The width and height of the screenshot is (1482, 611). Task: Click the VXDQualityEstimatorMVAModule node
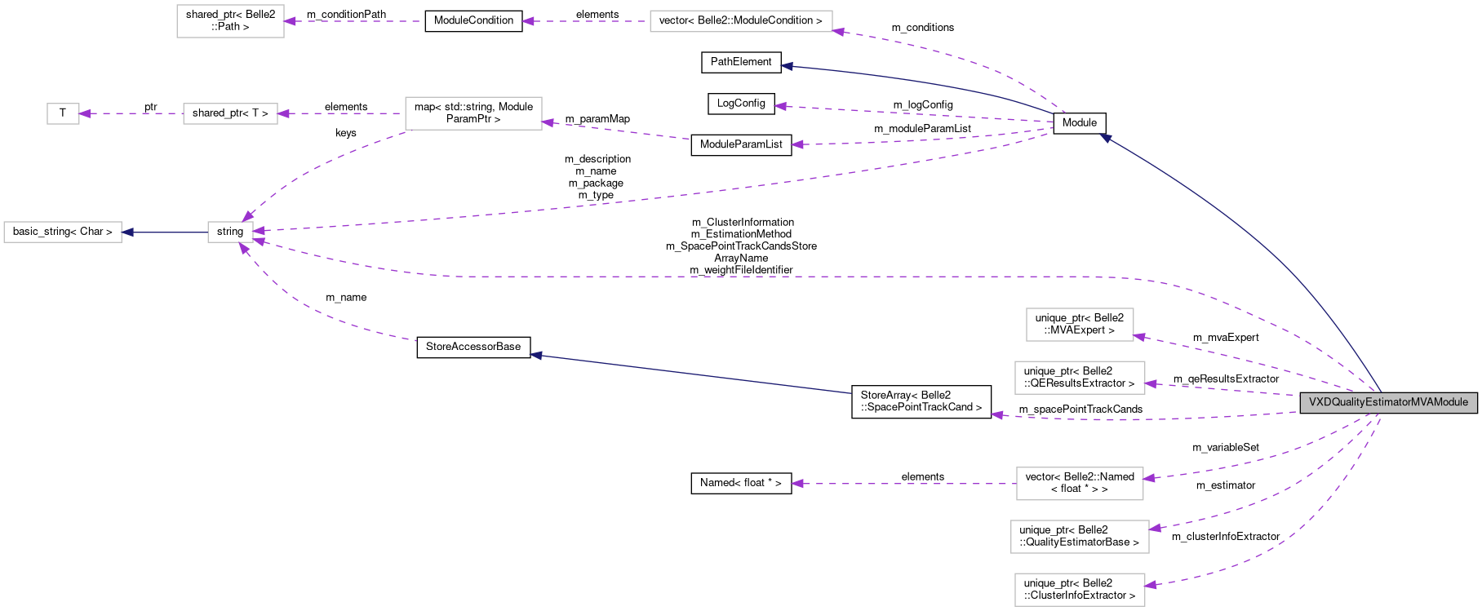pos(1388,402)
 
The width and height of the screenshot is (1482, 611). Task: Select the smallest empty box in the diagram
pos(63,113)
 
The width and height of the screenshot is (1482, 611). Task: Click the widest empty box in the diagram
pos(741,21)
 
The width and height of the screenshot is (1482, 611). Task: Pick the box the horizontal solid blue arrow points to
pos(63,232)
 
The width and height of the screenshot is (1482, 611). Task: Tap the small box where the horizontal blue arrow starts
pos(230,232)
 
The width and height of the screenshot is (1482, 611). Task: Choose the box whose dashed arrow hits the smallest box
pos(230,113)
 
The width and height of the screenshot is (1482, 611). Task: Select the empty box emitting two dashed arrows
pos(473,113)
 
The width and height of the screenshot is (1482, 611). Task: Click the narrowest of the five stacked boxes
pos(1080,325)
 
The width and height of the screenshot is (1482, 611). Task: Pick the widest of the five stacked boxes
pos(1080,537)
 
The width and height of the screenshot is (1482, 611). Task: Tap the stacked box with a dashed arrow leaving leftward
pos(1080,484)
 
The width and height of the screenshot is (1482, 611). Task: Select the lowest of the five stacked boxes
pos(1080,590)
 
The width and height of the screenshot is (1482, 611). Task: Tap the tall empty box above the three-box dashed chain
pos(230,21)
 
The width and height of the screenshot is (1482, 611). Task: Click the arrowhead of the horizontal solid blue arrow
pos(127,232)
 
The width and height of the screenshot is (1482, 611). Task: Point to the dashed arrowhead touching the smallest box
pos(85,113)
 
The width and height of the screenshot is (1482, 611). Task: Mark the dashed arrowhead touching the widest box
pos(838,31)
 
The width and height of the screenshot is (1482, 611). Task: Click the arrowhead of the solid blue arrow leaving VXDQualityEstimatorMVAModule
pos(1104,138)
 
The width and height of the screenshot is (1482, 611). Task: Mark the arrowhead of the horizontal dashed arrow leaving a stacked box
pos(796,484)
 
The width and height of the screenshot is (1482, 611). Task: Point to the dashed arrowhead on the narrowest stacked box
pos(1139,336)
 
